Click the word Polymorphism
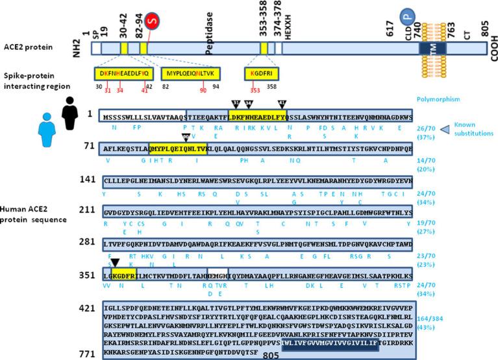pyautogui.click(x=440, y=99)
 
